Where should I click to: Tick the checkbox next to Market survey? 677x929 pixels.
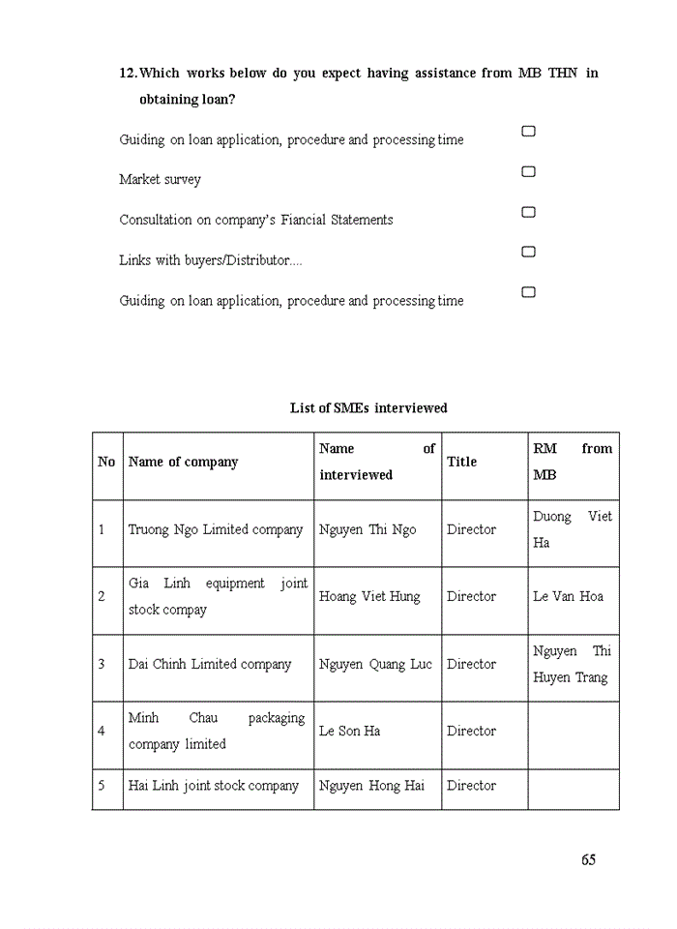point(528,172)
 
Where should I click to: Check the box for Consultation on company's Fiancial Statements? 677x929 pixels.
point(528,212)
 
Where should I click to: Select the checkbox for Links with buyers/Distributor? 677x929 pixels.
point(528,252)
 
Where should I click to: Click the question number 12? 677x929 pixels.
point(128,74)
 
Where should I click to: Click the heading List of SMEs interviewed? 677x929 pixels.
point(368,408)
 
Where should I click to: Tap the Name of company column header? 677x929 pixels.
point(183,462)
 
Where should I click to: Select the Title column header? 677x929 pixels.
point(461,462)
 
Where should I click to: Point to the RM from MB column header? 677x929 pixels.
point(573,462)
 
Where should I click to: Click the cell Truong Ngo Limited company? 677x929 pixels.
point(216,529)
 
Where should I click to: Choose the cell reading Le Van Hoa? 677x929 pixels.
point(568,596)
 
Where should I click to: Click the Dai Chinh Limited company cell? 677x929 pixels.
point(210,664)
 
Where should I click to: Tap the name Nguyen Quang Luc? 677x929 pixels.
point(375,664)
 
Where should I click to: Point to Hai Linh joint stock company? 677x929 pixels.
point(214,786)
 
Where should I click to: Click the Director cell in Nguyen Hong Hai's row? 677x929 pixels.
point(471,786)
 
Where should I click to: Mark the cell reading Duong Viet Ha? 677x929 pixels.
point(573,529)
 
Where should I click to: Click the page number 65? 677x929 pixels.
point(589,860)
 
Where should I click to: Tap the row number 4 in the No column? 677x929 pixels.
point(102,731)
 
